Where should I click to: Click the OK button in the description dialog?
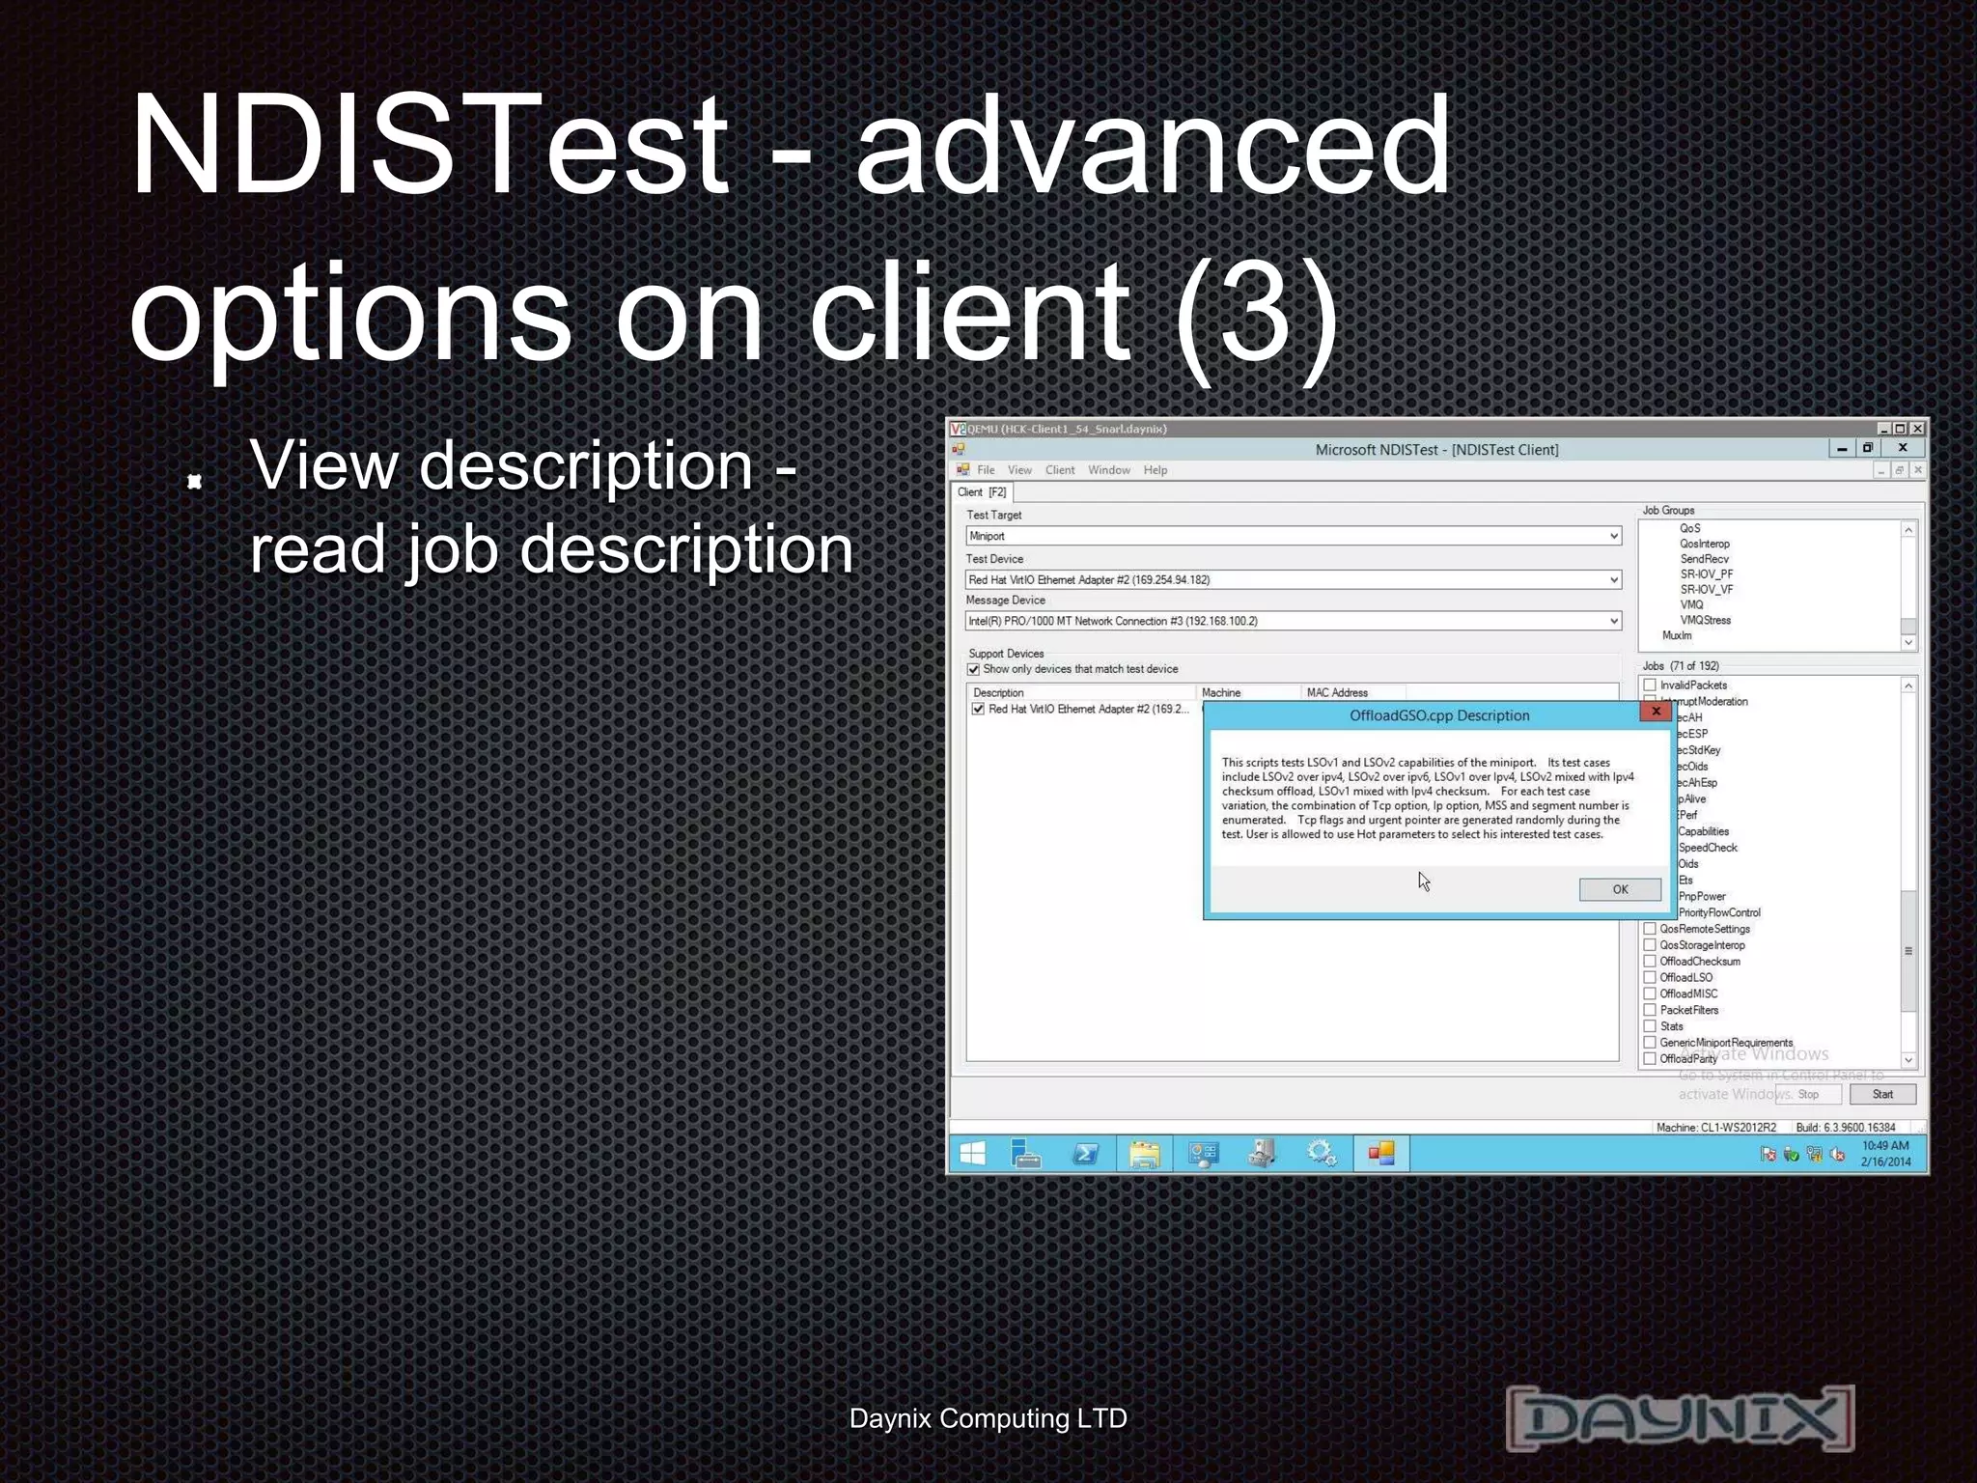1620,889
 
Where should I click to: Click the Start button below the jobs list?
1882,1094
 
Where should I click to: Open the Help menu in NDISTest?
1156,470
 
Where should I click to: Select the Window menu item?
1109,470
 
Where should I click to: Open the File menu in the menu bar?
986,470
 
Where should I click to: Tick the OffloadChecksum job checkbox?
1651,961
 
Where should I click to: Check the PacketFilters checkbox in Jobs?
1651,1010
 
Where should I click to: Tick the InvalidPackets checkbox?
1651,685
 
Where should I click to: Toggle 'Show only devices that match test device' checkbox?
974,669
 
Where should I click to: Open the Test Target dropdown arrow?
1613,536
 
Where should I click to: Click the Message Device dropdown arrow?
1613,621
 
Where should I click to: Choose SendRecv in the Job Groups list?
1704,559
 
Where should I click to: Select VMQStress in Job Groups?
1705,620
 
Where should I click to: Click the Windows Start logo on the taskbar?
973,1154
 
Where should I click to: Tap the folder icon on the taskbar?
1144,1154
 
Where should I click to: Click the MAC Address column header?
1337,692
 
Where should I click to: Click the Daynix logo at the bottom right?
1680,1417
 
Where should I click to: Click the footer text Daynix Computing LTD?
988,1418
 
